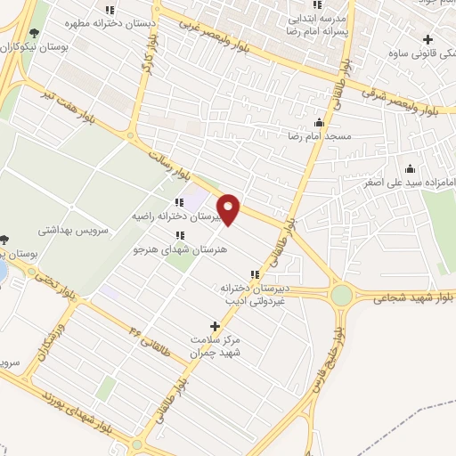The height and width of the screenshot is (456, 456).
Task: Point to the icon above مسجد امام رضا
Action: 319,122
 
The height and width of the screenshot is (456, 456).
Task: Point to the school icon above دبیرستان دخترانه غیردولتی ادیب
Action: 255,274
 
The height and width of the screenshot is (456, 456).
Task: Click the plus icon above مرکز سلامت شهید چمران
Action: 214,326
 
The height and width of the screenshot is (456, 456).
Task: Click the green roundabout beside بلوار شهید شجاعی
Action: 342,294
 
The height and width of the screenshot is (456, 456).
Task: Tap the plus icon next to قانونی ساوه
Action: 428,39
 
